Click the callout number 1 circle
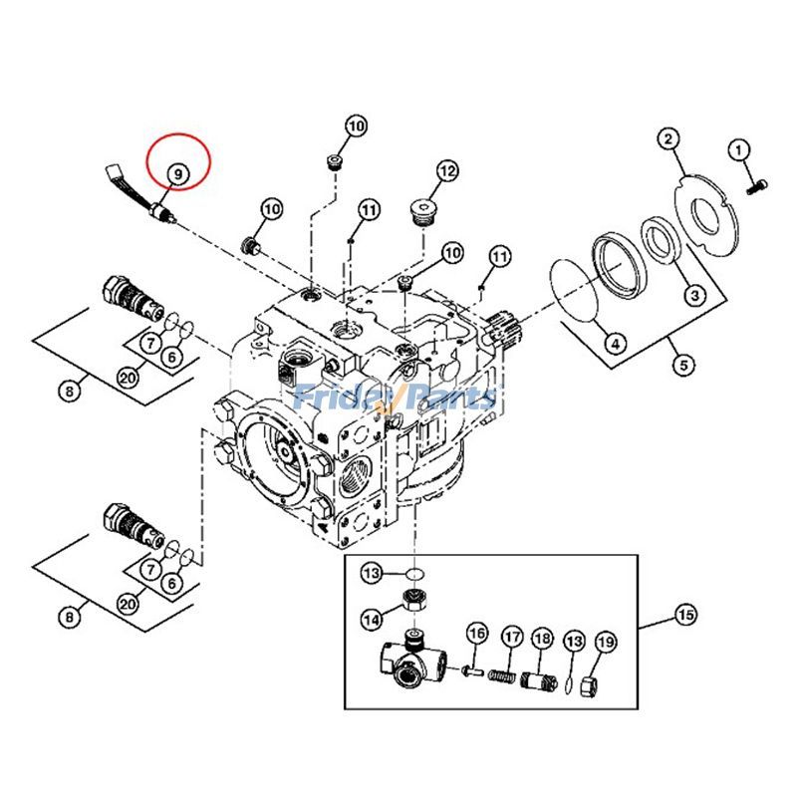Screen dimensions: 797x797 click(x=739, y=150)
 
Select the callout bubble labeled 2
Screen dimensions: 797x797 click(x=668, y=139)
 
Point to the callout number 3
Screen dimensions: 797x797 click(x=693, y=294)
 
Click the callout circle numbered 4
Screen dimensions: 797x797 click(x=616, y=344)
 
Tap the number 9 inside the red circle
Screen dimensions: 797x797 click(x=176, y=173)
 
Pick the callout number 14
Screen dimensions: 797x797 click(x=371, y=620)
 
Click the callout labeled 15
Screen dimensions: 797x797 click(x=685, y=615)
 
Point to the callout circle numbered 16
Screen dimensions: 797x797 click(x=475, y=634)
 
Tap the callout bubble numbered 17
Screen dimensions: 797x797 click(x=511, y=637)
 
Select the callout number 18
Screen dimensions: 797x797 click(x=542, y=639)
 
